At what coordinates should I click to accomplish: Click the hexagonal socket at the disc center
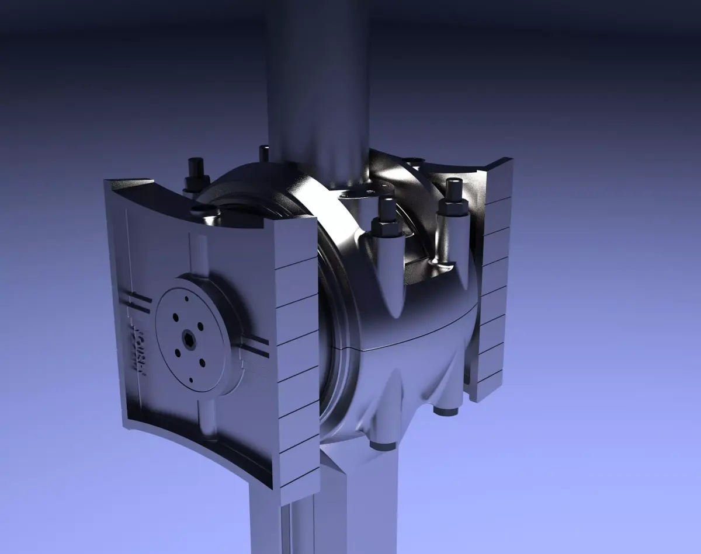pyautogui.click(x=188, y=337)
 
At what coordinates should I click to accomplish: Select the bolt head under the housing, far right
pyautogui.click(x=446, y=410)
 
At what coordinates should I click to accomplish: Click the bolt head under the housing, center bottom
pyautogui.click(x=383, y=445)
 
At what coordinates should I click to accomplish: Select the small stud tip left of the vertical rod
pyautogui.click(x=264, y=153)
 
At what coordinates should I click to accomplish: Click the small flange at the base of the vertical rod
pyautogui.click(x=356, y=193)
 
